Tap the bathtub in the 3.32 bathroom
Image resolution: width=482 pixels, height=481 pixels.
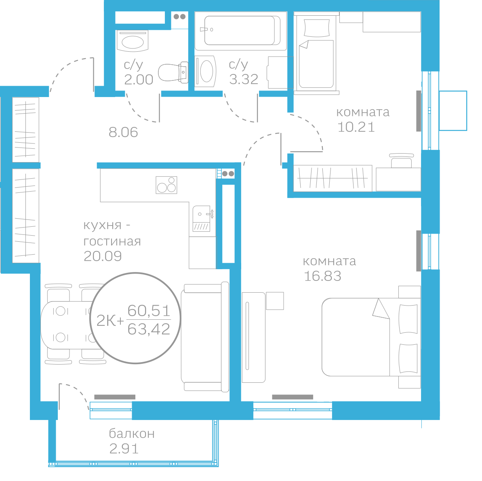(241, 31)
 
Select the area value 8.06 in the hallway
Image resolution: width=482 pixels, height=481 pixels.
(123, 132)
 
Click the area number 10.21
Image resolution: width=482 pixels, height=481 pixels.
(356, 127)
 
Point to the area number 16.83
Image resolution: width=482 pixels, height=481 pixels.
(322, 276)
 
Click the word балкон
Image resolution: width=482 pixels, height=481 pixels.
(132, 433)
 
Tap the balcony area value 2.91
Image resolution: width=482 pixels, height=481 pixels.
(124, 449)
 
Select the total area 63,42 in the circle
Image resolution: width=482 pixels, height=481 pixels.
(149, 329)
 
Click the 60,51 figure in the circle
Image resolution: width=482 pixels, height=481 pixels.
(149, 310)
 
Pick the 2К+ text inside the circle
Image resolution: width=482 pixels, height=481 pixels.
(110, 321)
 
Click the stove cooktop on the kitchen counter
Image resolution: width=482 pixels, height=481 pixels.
(166, 185)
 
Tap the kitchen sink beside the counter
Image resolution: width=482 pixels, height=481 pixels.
(202, 218)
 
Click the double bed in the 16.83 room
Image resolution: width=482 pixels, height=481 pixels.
(371, 337)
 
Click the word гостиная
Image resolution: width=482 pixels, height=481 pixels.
(112, 241)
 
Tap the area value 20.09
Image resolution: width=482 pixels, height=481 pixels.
(103, 256)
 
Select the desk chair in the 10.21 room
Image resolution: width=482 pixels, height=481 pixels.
(401, 160)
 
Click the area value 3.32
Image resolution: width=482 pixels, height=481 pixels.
(244, 79)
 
